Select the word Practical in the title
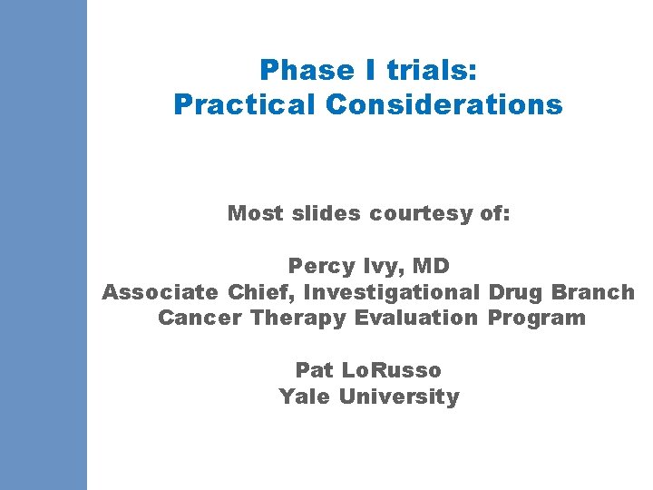click(x=244, y=105)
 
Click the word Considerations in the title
click(x=443, y=105)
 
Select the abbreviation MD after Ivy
click(x=431, y=266)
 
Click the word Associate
click(x=160, y=292)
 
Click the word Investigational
click(x=392, y=292)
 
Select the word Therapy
click(x=298, y=318)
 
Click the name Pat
click(x=316, y=370)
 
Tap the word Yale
click(x=305, y=397)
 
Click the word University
click(x=399, y=397)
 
